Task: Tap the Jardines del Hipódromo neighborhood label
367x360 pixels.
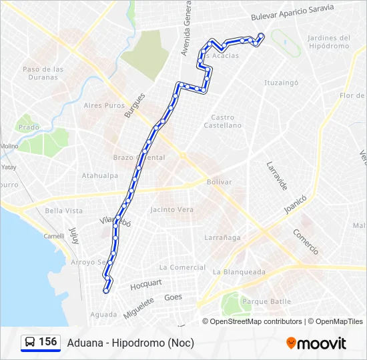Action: coord(329,41)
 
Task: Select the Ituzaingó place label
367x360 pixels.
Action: coord(281,83)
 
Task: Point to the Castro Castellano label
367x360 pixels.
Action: coord(222,121)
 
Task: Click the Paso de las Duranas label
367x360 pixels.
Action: coord(43,73)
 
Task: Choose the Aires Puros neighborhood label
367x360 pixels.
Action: coord(104,105)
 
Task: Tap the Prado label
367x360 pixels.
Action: coord(29,127)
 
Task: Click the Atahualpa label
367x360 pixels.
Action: coord(99,176)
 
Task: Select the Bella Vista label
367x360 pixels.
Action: coord(64,211)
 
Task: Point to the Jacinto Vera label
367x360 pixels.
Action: coord(172,209)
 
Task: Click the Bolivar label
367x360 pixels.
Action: coord(220,182)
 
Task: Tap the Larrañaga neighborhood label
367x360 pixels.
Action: coord(222,237)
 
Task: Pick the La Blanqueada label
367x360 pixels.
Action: coord(239,272)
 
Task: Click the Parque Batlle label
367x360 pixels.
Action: coord(266,301)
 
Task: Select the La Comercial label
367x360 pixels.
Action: coord(183,267)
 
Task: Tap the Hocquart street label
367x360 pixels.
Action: coord(146,284)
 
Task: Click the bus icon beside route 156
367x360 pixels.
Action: coord(30,343)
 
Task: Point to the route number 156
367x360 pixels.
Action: coord(48,342)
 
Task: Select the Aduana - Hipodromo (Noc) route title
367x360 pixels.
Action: coord(130,343)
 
